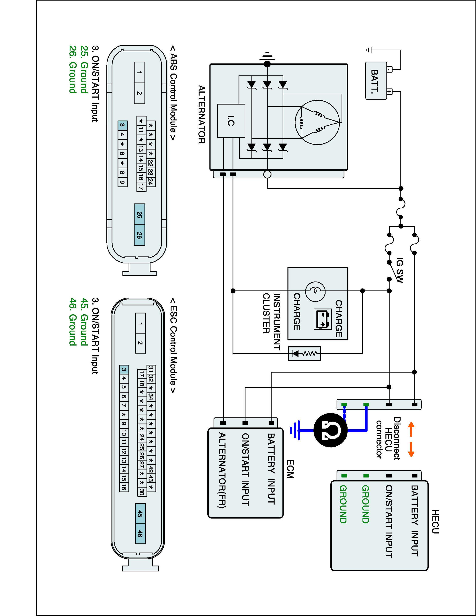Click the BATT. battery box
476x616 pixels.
tap(376, 81)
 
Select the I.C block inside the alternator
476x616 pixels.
tap(231, 121)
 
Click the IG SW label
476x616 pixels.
tap(400, 270)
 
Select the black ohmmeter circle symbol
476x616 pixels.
tap(330, 431)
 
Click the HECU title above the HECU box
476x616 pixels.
tap(435, 522)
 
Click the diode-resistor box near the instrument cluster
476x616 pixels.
tap(304, 353)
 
